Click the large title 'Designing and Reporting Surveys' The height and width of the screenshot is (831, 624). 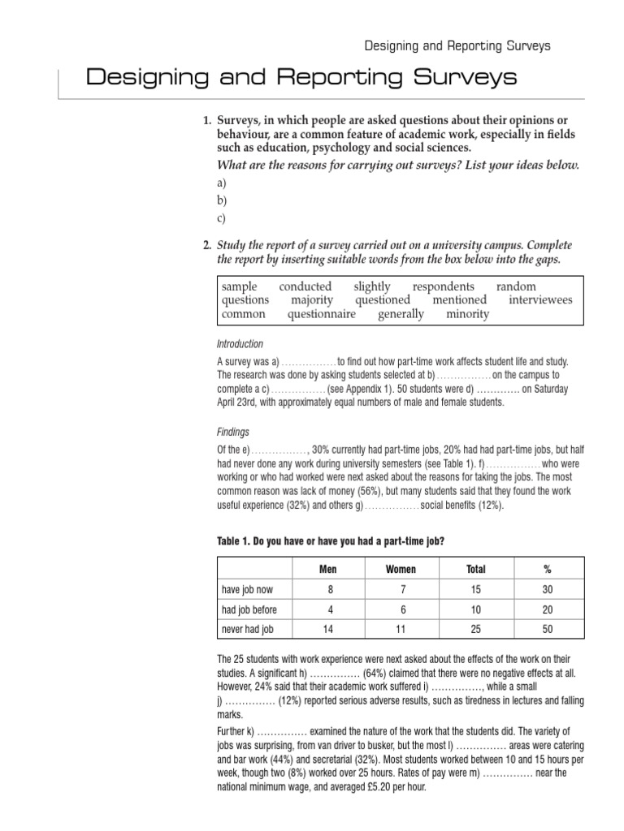(x=301, y=78)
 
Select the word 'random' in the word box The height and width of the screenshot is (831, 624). (x=516, y=286)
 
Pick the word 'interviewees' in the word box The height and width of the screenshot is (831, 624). (x=540, y=300)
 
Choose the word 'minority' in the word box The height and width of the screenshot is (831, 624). (x=467, y=314)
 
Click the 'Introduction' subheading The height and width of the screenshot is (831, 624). (x=240, y=344)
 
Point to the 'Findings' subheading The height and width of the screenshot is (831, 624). (x=233, y=433)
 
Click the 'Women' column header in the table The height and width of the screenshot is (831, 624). (x=399, y=569)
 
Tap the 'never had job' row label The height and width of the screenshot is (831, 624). (x=248, y=629)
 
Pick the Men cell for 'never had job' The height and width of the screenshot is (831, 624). (x=327, y=629)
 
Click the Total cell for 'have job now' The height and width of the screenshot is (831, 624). (x=475, y=590)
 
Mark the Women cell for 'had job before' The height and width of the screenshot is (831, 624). (x=399, y=609)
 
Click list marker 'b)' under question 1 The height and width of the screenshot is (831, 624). (x=221, y=200)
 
